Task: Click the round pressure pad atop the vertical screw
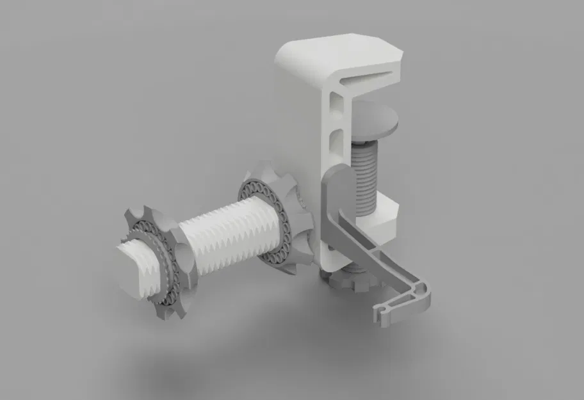[x=375, y=119]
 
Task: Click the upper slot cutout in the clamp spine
[x=335, y=103]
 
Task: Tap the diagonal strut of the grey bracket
[x=365, y=243]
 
